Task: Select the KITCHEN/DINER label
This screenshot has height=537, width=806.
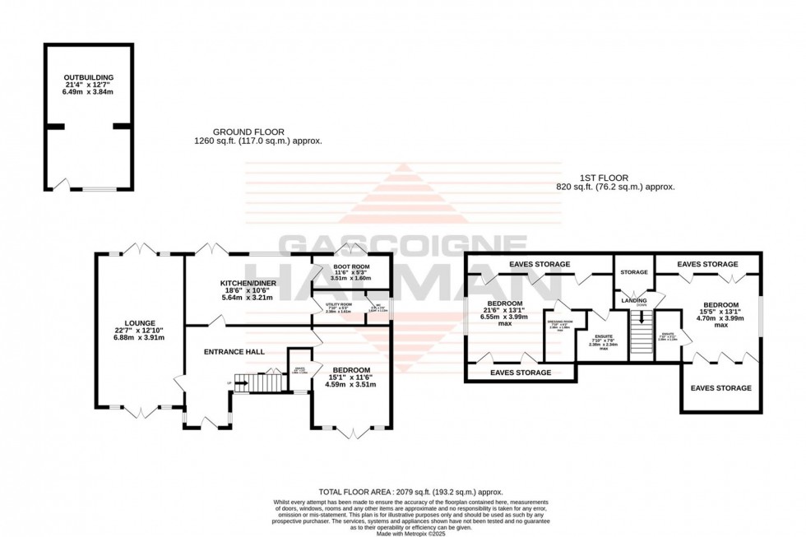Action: pyautogui.click(x=248, y=283)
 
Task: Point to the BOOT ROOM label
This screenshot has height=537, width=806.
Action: pyautogui.click(x=351, y=267)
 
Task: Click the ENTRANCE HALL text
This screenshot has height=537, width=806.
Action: pyautogui.click(x=234, y=351)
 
